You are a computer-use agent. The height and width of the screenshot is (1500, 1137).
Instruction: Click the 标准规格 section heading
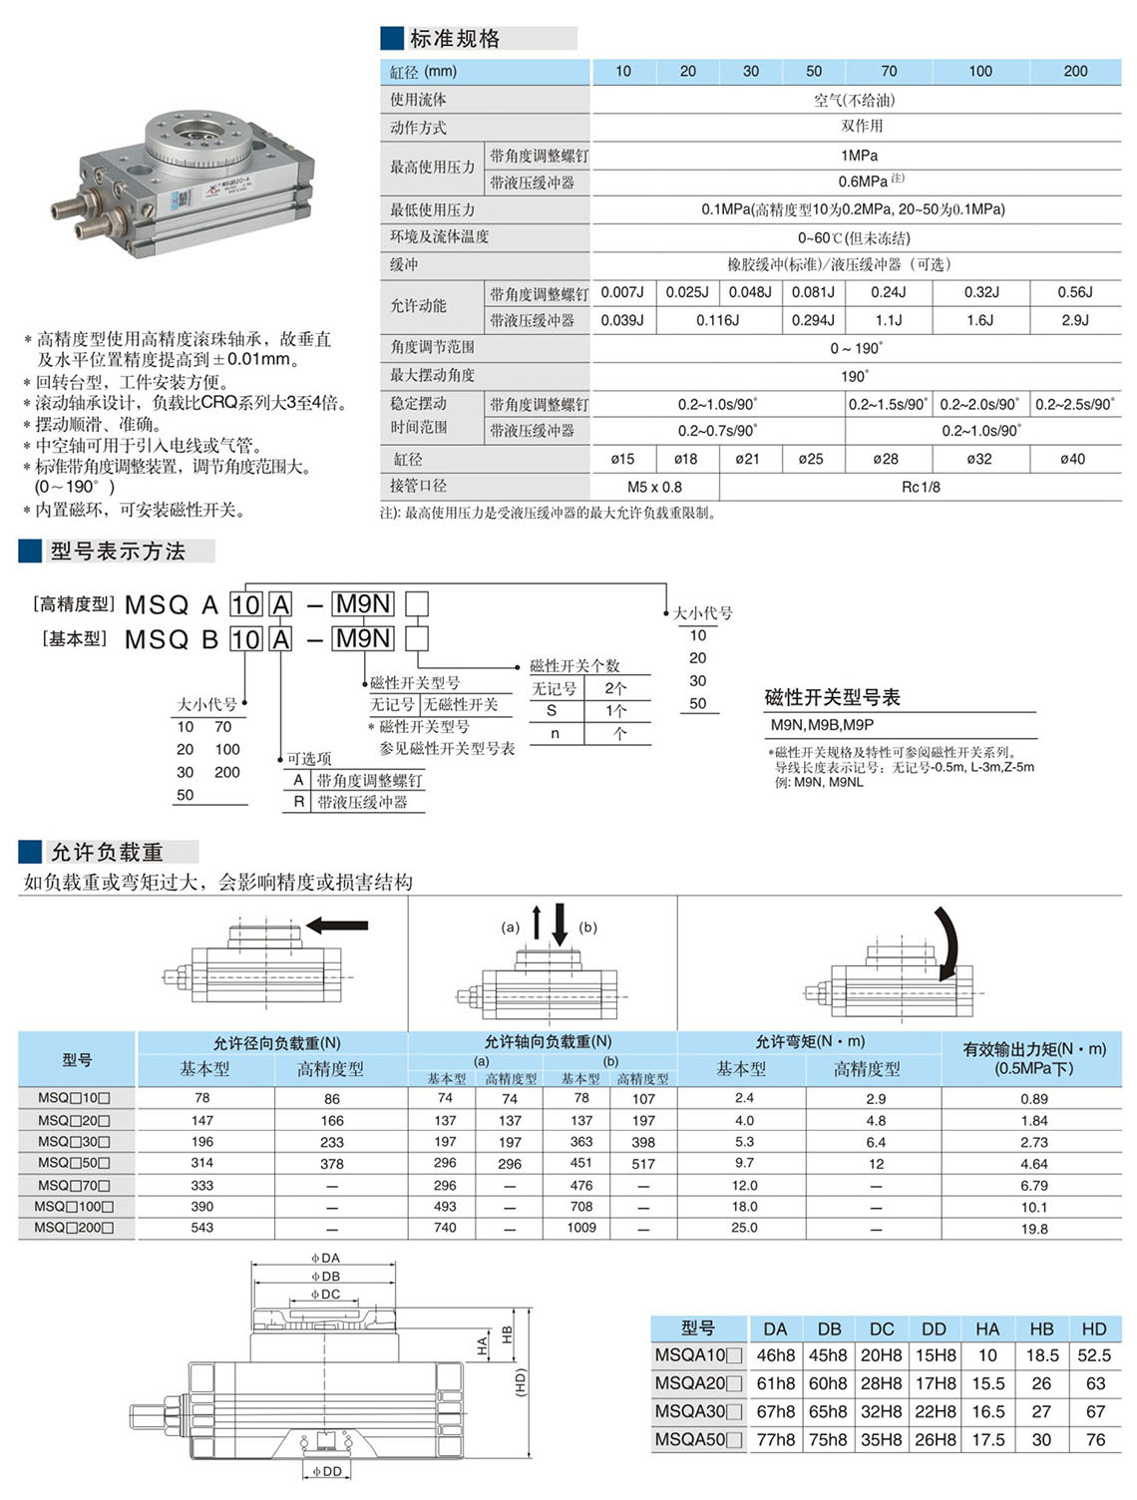[x=455, y=39]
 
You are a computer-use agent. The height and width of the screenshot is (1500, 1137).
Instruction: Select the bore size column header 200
[x=1075, y=71]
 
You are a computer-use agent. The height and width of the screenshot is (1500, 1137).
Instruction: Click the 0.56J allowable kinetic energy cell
[x=1075, y=292]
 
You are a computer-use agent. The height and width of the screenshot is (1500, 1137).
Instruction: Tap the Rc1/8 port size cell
[x=920, y=487]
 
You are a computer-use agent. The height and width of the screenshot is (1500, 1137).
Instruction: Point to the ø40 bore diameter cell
[x=1072, y=459]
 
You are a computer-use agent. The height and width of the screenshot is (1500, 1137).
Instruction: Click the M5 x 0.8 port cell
[x=654, y=487]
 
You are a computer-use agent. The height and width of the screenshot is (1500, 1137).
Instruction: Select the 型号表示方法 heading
[x=118, y=551]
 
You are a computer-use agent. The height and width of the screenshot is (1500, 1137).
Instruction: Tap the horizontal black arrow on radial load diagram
[x=337, y=926]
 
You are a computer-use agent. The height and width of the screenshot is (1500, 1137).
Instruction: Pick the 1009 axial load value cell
[x=581, y=1228]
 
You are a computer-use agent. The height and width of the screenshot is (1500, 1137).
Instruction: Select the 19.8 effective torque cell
[x=1034, y=1229]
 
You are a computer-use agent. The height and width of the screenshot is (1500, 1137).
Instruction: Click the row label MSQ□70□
[x=74, y=1185]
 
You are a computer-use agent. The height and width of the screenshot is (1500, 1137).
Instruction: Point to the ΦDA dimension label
[x=325, y=1259]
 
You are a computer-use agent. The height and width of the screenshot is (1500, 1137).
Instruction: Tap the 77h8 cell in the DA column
[x=775, y=1439]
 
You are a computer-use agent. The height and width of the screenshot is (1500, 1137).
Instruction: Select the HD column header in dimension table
[x=1094, y=1328]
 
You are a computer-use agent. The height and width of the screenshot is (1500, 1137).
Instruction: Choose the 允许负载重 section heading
[x=107, y=852]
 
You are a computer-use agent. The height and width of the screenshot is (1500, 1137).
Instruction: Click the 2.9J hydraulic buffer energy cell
[x=1075, y=320]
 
